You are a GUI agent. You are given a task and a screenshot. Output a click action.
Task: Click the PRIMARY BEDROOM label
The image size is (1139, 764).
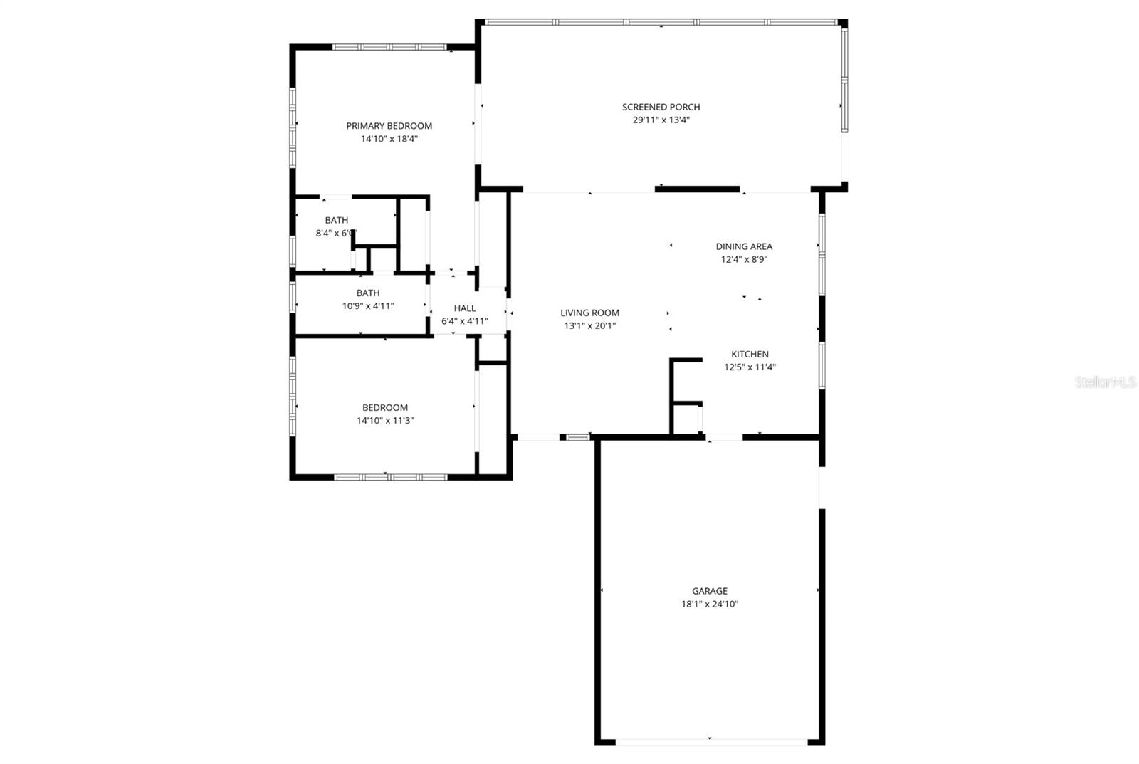(x=389, y=126)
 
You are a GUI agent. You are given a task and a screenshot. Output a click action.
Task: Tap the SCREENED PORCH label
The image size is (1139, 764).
(x=661, y=107)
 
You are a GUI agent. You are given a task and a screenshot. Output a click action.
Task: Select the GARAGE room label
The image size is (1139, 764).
(x=710, y=591)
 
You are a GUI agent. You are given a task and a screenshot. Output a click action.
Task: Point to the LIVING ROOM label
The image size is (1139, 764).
(x=589, y=313)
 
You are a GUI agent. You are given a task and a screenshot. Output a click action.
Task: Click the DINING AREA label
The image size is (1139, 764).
(x=744, y=246)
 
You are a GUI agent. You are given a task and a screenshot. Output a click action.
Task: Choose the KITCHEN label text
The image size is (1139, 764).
(x=750, y=354)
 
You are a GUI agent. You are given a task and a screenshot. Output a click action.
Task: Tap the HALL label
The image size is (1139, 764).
(x=465, y=308)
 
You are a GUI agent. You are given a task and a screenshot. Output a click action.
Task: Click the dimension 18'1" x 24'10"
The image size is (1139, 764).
(x=710, y=604)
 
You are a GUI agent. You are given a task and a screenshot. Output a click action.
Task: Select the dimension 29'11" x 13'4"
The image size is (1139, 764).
(x=661, y=120)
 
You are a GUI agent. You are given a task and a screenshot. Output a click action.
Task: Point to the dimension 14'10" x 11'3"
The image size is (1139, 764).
(x=385, y=421)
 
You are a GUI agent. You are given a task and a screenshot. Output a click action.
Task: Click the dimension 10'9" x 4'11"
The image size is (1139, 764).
(x=368, y=306)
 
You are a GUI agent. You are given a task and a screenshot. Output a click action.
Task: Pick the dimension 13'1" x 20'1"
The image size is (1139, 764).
(x=589, y=325)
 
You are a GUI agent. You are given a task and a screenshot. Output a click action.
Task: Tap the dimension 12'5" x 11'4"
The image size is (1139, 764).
(x=750, y=367)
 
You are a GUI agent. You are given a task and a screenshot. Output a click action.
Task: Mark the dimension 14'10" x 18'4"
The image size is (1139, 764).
(x=389, y=139)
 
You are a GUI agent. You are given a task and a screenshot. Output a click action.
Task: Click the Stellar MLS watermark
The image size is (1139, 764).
(x=1105, y=382)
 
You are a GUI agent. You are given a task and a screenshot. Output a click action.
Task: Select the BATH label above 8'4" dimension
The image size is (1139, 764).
(x=336, y=220)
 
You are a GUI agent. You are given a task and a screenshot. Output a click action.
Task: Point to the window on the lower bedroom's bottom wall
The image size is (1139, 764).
(x=390, y=477)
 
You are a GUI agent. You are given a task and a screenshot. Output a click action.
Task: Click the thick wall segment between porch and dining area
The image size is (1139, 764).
(x=697, y=189)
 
